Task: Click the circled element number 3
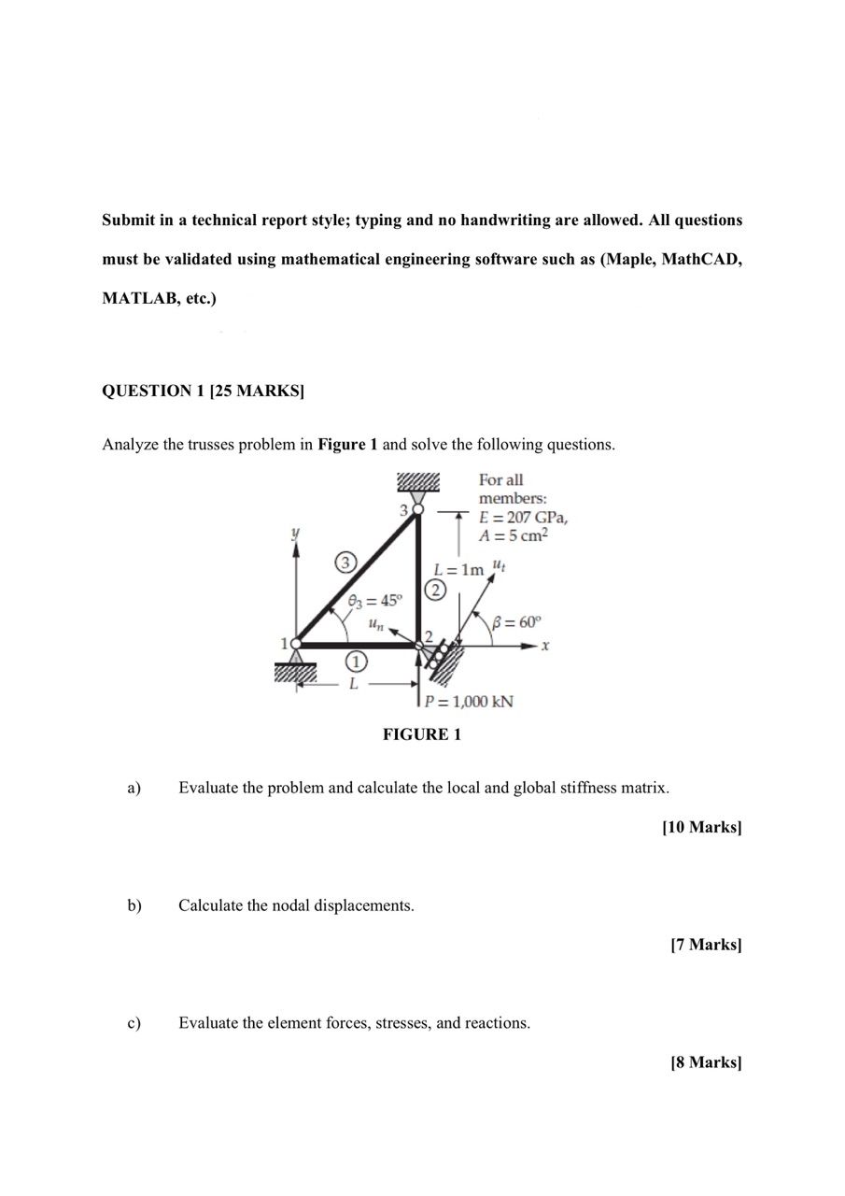[345, 562]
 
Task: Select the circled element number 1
[356, 662]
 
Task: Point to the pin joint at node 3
[418, 509]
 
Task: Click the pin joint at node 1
[296, 644]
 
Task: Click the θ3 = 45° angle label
[375, 601]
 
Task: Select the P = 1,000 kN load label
[469, 702]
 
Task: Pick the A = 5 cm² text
[514, 535]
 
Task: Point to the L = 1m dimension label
[459, 569]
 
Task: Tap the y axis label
[296, 532]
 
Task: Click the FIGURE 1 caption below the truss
[422, 734]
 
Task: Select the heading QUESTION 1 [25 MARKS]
[203, 391]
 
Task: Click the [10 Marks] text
[701, 827]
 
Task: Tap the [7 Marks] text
[706, 945]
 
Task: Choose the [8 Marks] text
[706, 1062]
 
